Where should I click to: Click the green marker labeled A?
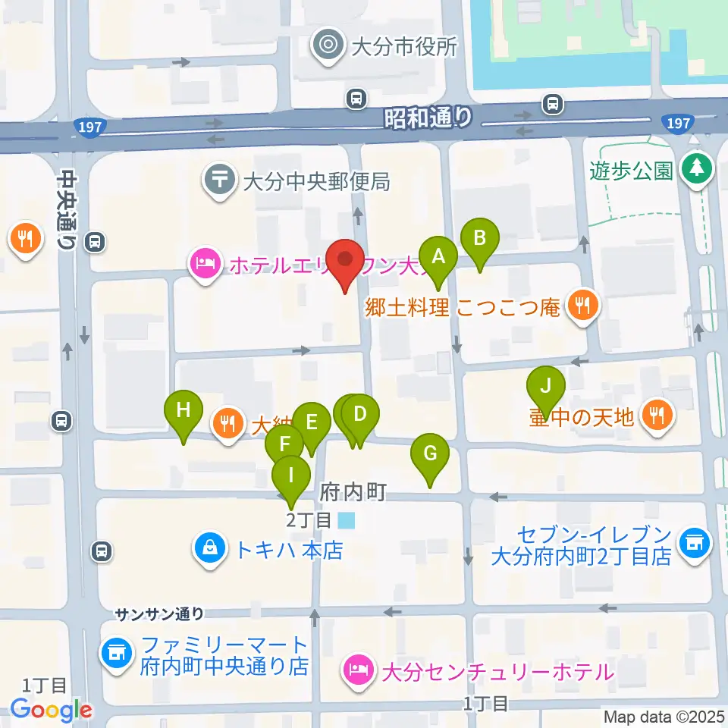coord(438,257)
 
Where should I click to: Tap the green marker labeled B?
coord(479,239)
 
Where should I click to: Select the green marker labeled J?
coord(545,386)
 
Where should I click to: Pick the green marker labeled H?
coord(184,411)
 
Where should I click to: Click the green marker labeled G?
coord(430,455)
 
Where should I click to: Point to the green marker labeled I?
coord(291,476)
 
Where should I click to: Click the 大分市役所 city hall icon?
coord(328,46)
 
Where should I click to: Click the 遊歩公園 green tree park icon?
coord(695,168)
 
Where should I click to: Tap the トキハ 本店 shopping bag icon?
coord(210,549)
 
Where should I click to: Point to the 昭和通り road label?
coord(428,117)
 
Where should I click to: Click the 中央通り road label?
coord(67,209)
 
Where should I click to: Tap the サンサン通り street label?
coord(159,613)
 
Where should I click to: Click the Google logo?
coord(51,710)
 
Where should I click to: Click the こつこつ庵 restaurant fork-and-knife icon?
coord(582,307)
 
